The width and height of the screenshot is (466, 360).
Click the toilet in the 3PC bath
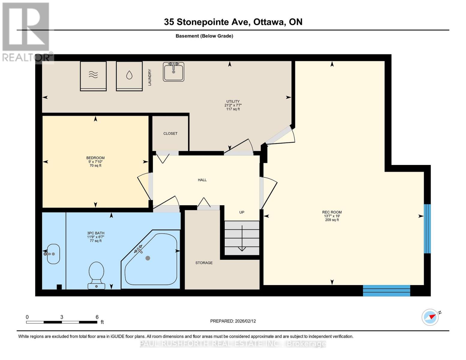(x=96, y=274)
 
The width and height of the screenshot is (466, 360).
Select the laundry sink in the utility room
(x=173, y=72)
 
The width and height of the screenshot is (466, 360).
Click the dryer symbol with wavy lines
(x=93, y=76)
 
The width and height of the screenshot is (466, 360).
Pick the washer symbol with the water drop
(x=129, y=76)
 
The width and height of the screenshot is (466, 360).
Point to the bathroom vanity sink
(x=53, y=254)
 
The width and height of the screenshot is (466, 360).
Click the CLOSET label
(x=170, y=133)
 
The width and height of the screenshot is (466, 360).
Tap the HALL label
(x=202, y=180)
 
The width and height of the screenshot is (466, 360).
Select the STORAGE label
(x=204, y=263)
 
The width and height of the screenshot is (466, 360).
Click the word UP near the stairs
(x=242, y=212)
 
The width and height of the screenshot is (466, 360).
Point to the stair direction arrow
(x=242, y=238)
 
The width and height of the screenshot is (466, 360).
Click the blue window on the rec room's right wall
(x=427, y=229)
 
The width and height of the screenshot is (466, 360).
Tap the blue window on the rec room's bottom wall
(x=386, y=290)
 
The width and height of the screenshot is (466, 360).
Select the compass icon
(x=430, y=317)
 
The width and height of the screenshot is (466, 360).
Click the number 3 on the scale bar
(x=62, y=317)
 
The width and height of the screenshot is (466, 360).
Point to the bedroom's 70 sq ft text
(x=95, y=166)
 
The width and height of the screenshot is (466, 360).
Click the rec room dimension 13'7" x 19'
(x=332, y=216)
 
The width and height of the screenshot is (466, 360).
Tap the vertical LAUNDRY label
(x=150, y=77)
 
